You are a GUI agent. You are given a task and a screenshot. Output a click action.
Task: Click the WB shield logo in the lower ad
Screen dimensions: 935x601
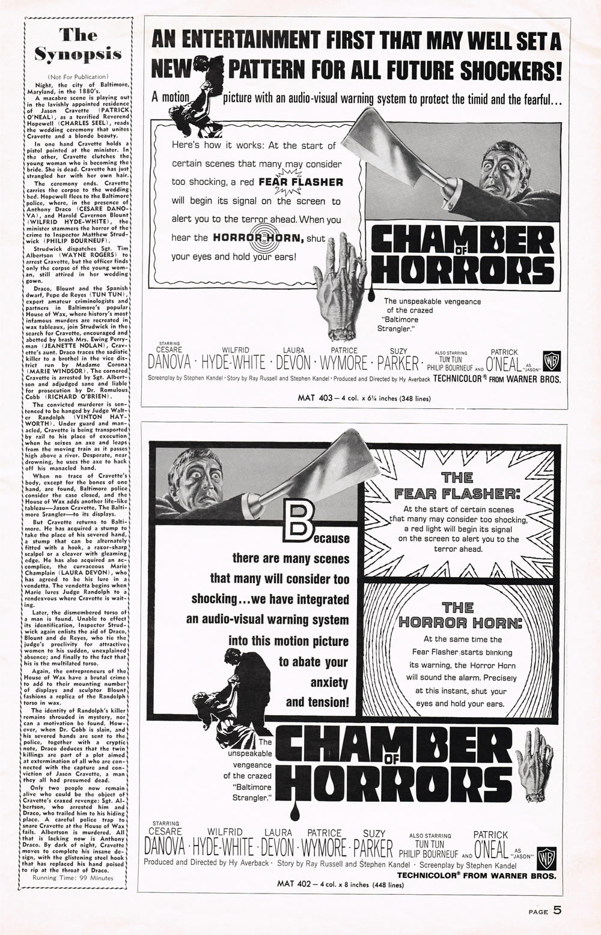[549, 854]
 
